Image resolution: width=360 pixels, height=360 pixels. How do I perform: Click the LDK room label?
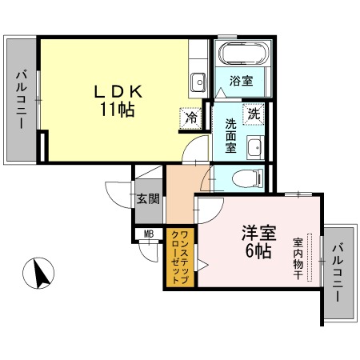[x=118, y=92]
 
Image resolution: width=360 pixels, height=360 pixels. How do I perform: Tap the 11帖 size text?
[x=117, y=110]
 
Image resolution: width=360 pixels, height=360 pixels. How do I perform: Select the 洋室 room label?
[x=258, y=233]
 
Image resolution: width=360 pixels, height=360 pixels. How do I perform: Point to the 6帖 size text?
[x=258, y=250]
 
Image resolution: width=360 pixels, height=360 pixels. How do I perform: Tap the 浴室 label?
[x=241, y=81]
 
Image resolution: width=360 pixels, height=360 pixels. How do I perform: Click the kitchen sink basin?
[x=198, y=82]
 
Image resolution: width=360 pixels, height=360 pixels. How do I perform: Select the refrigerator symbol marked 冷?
[x=191, y=118]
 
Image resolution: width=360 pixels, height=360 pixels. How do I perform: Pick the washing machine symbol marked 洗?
[x=254, y=114]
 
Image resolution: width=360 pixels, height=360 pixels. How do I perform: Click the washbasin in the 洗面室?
[x=255, y=147]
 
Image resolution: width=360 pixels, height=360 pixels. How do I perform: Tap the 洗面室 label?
[x=230, y=135]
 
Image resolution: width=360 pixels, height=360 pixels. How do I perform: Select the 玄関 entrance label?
[x=148, y=198]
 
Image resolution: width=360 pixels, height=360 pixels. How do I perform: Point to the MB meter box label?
[x=149, y=234]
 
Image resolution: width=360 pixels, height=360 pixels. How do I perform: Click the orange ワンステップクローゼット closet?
[x=180, y=258]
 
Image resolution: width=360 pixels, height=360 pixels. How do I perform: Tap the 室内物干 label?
[x=298, y=258]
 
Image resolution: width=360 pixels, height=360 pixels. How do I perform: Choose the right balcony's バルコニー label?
[x=338, y=273]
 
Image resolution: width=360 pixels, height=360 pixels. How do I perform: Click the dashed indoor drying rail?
[x=310, y=258]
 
